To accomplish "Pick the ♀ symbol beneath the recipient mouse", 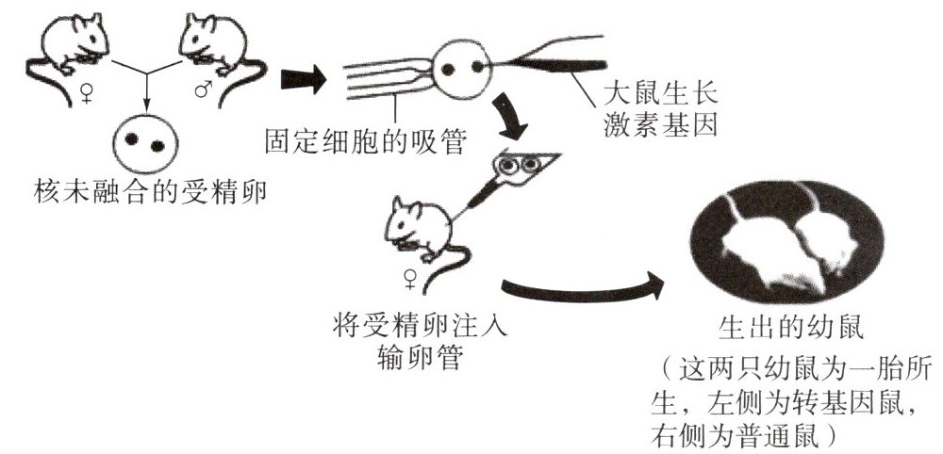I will point(410,280).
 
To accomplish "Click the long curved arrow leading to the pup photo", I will point(585,288).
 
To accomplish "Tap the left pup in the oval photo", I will point(754,235).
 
